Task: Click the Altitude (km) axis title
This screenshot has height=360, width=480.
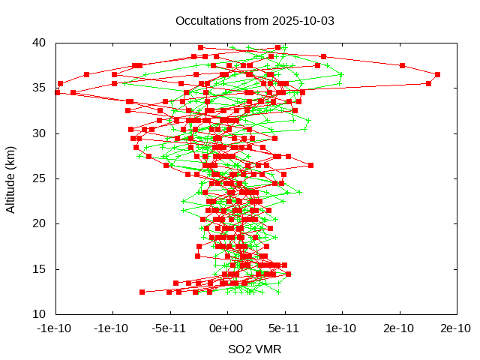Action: [11, 178]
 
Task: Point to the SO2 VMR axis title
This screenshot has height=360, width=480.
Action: [255, 349]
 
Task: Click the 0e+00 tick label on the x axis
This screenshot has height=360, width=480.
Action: [227, 328]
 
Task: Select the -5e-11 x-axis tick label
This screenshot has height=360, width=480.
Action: [169, 328]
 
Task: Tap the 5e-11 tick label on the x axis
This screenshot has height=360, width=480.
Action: [284, 328]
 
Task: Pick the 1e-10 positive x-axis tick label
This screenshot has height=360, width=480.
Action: [342, 328]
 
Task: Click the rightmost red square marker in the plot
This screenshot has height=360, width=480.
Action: [437, 74]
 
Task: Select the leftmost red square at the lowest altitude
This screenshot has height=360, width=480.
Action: [142, 292]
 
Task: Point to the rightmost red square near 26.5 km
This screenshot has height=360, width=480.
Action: [310, 165]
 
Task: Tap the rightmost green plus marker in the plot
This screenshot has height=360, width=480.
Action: [342, 74]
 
